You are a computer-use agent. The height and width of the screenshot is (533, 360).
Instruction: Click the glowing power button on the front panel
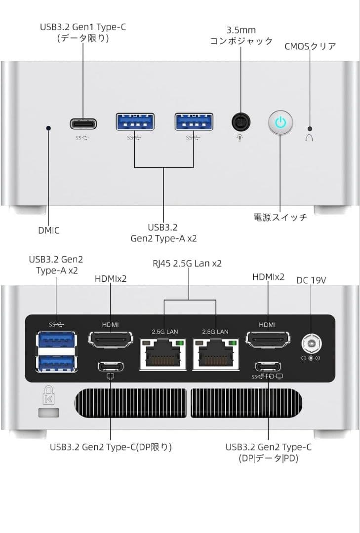tap(280, 122)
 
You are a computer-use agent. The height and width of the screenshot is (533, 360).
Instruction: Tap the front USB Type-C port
tap(83, 123)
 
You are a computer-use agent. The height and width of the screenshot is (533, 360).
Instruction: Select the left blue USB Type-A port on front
tap(135, 122)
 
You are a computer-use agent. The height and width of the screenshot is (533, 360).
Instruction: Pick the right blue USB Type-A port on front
tap(194, 122)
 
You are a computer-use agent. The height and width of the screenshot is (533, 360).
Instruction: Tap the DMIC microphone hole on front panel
tap(48, 128)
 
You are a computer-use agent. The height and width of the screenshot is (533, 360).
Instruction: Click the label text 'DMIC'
tap(48, 230)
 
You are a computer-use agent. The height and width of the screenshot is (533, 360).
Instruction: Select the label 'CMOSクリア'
tap(310, 46)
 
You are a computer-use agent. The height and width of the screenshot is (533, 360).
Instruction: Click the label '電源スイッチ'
tap(280, 217)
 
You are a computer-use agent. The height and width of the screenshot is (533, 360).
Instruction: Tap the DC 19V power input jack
tap(311, 343)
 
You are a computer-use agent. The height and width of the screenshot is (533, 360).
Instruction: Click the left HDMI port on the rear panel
tap(110, 340)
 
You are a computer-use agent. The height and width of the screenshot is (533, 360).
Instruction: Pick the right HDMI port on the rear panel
tap(268, 340)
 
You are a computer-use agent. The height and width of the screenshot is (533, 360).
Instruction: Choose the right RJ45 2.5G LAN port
tap(216, 354)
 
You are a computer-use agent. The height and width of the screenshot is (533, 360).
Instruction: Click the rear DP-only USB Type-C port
tap(110, 367)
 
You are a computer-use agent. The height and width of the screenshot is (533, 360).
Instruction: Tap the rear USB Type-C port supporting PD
tap(268, 367)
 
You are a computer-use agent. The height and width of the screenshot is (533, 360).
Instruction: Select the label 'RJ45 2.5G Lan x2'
tap(187, 264)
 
